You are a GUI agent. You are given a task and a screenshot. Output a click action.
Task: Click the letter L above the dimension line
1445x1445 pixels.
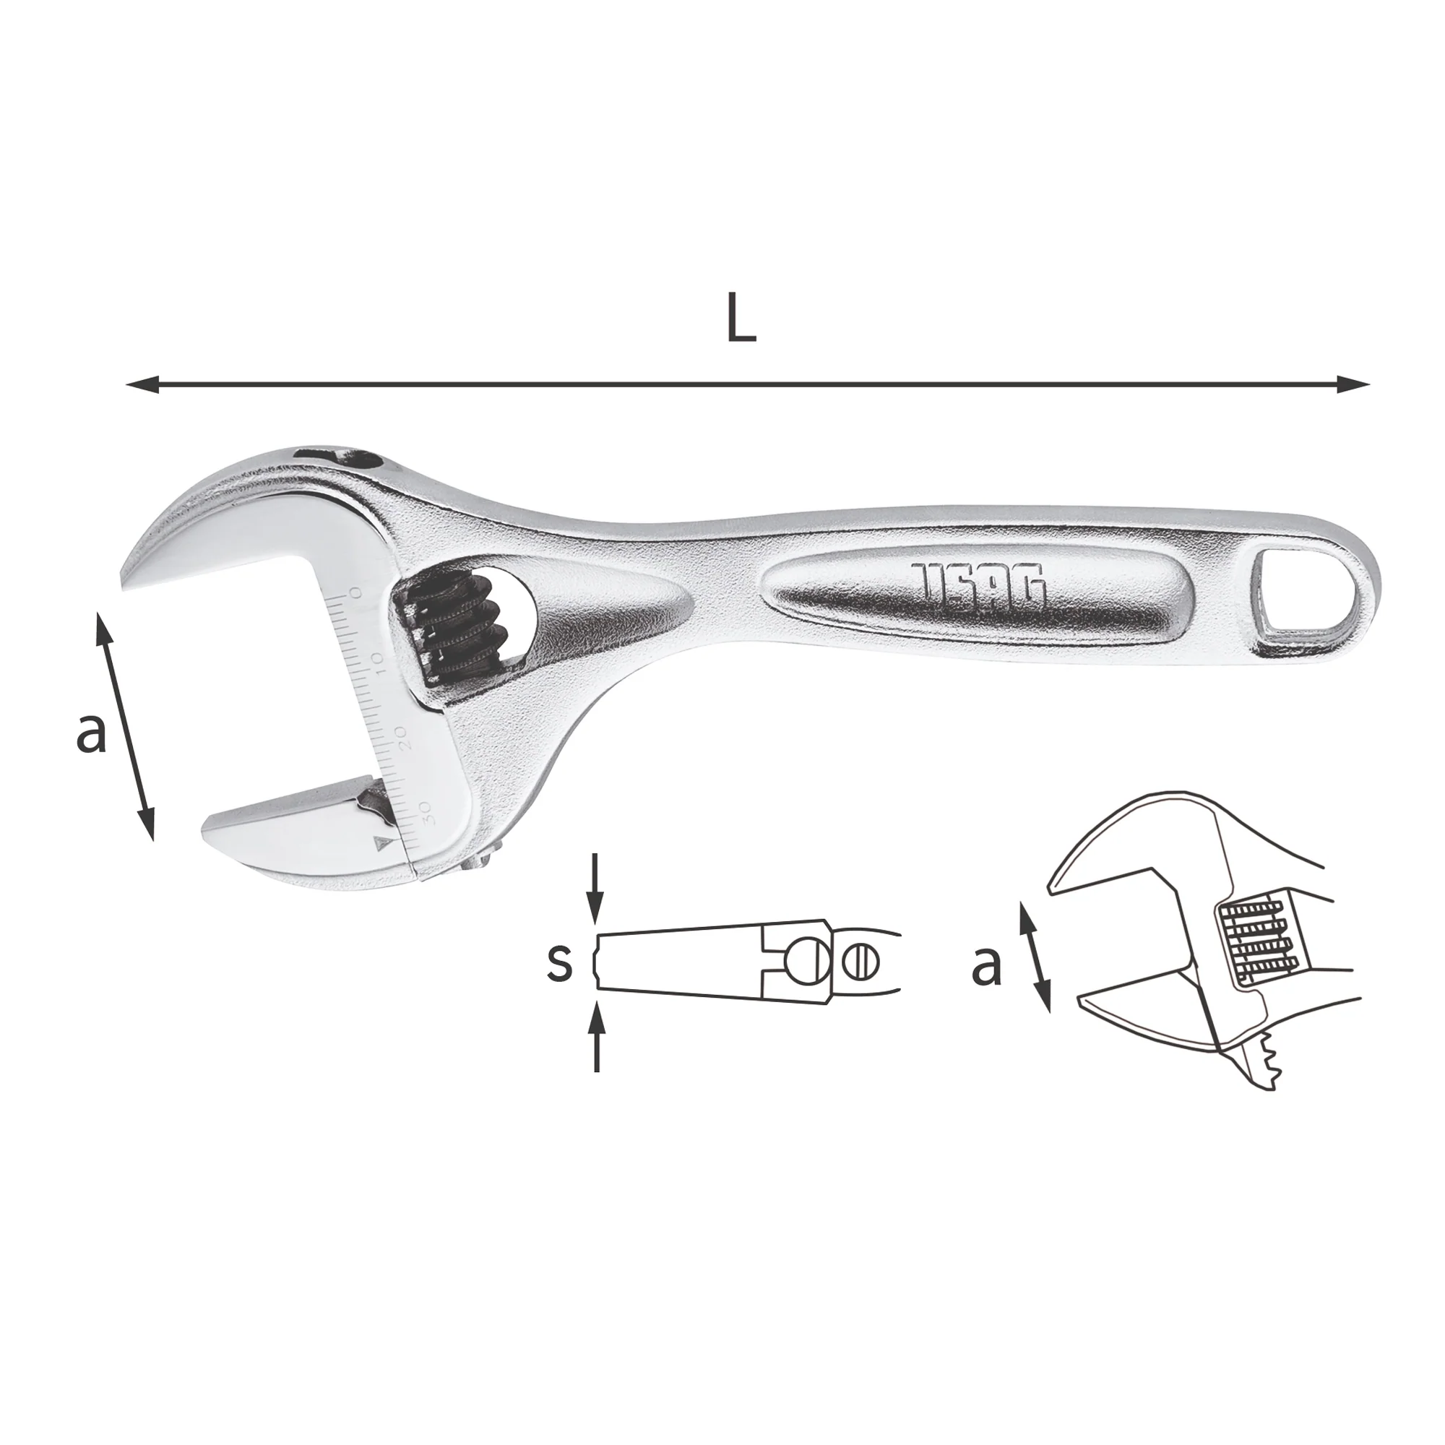point(742,319)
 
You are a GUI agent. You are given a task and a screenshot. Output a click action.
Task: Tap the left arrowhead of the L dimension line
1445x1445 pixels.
point(142,385)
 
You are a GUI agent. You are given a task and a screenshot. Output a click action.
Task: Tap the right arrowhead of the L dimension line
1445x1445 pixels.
point(1354,384)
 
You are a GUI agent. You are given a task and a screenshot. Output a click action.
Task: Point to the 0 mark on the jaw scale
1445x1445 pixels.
point(355,593)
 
